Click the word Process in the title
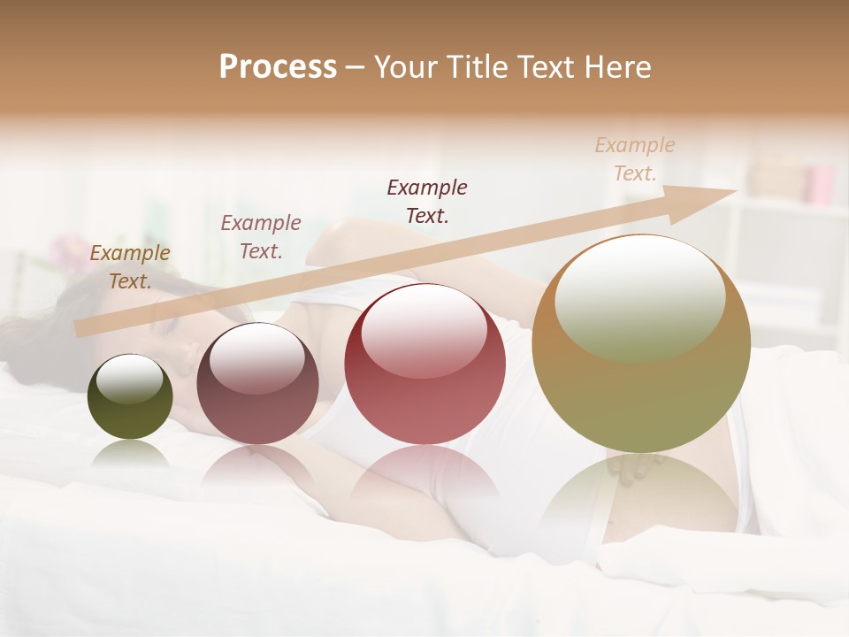[x=278, y=67]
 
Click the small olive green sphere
[x=130, y=397]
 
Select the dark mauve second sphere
[x=257, y=385]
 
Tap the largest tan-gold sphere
[x=641, y=343]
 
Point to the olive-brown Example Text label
[x=130, y=267]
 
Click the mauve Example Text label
[x=261, y=237]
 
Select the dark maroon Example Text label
[x=427, y=201]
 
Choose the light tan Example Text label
[x=635, y=159]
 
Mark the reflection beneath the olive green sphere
[x=130, y=456]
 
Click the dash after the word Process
[x=356, y=68]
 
